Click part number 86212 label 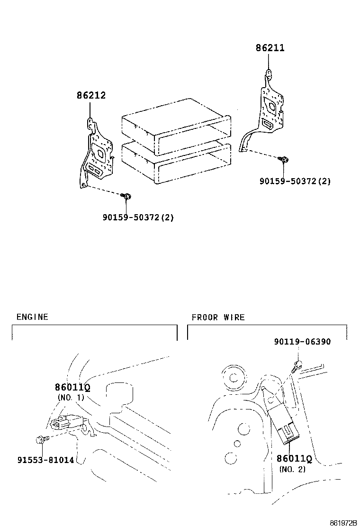[91, 96]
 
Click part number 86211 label [270, 48]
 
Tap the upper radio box [175, 126]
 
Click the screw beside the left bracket [126, 196]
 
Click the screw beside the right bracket [284, 160]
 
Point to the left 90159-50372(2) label [138, 218]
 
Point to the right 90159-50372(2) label [295, 181]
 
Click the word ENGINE [32, 317]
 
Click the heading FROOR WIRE [218, 317]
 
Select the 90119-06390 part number [302, 342]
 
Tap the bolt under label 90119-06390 [297, 365]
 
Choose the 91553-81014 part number [45, 460]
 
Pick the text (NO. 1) [71, 398]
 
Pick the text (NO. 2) [292, 469]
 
